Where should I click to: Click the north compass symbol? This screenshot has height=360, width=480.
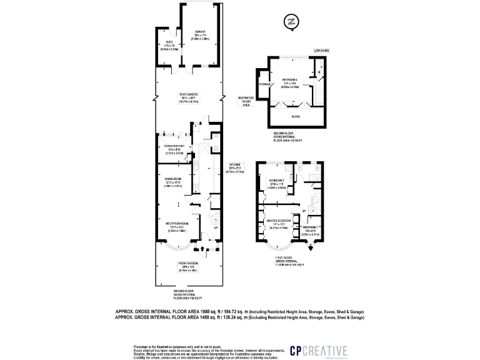click(289, 21)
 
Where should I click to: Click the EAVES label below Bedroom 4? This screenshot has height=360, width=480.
click(294, 116)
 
